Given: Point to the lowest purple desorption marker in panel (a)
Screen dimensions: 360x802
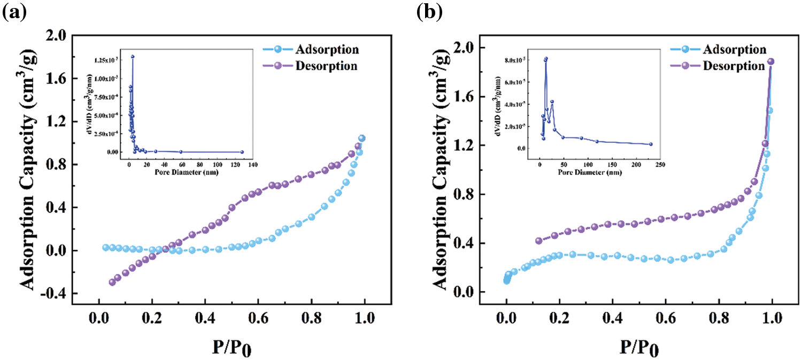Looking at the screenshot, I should point(112,282).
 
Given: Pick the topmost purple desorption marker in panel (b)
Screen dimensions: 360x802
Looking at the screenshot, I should point(771,62).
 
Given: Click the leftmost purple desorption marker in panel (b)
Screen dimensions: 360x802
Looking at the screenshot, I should point(538,241).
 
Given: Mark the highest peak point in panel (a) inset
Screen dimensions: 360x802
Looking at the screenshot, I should point(133,56).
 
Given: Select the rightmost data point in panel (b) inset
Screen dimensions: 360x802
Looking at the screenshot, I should point(651,144).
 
